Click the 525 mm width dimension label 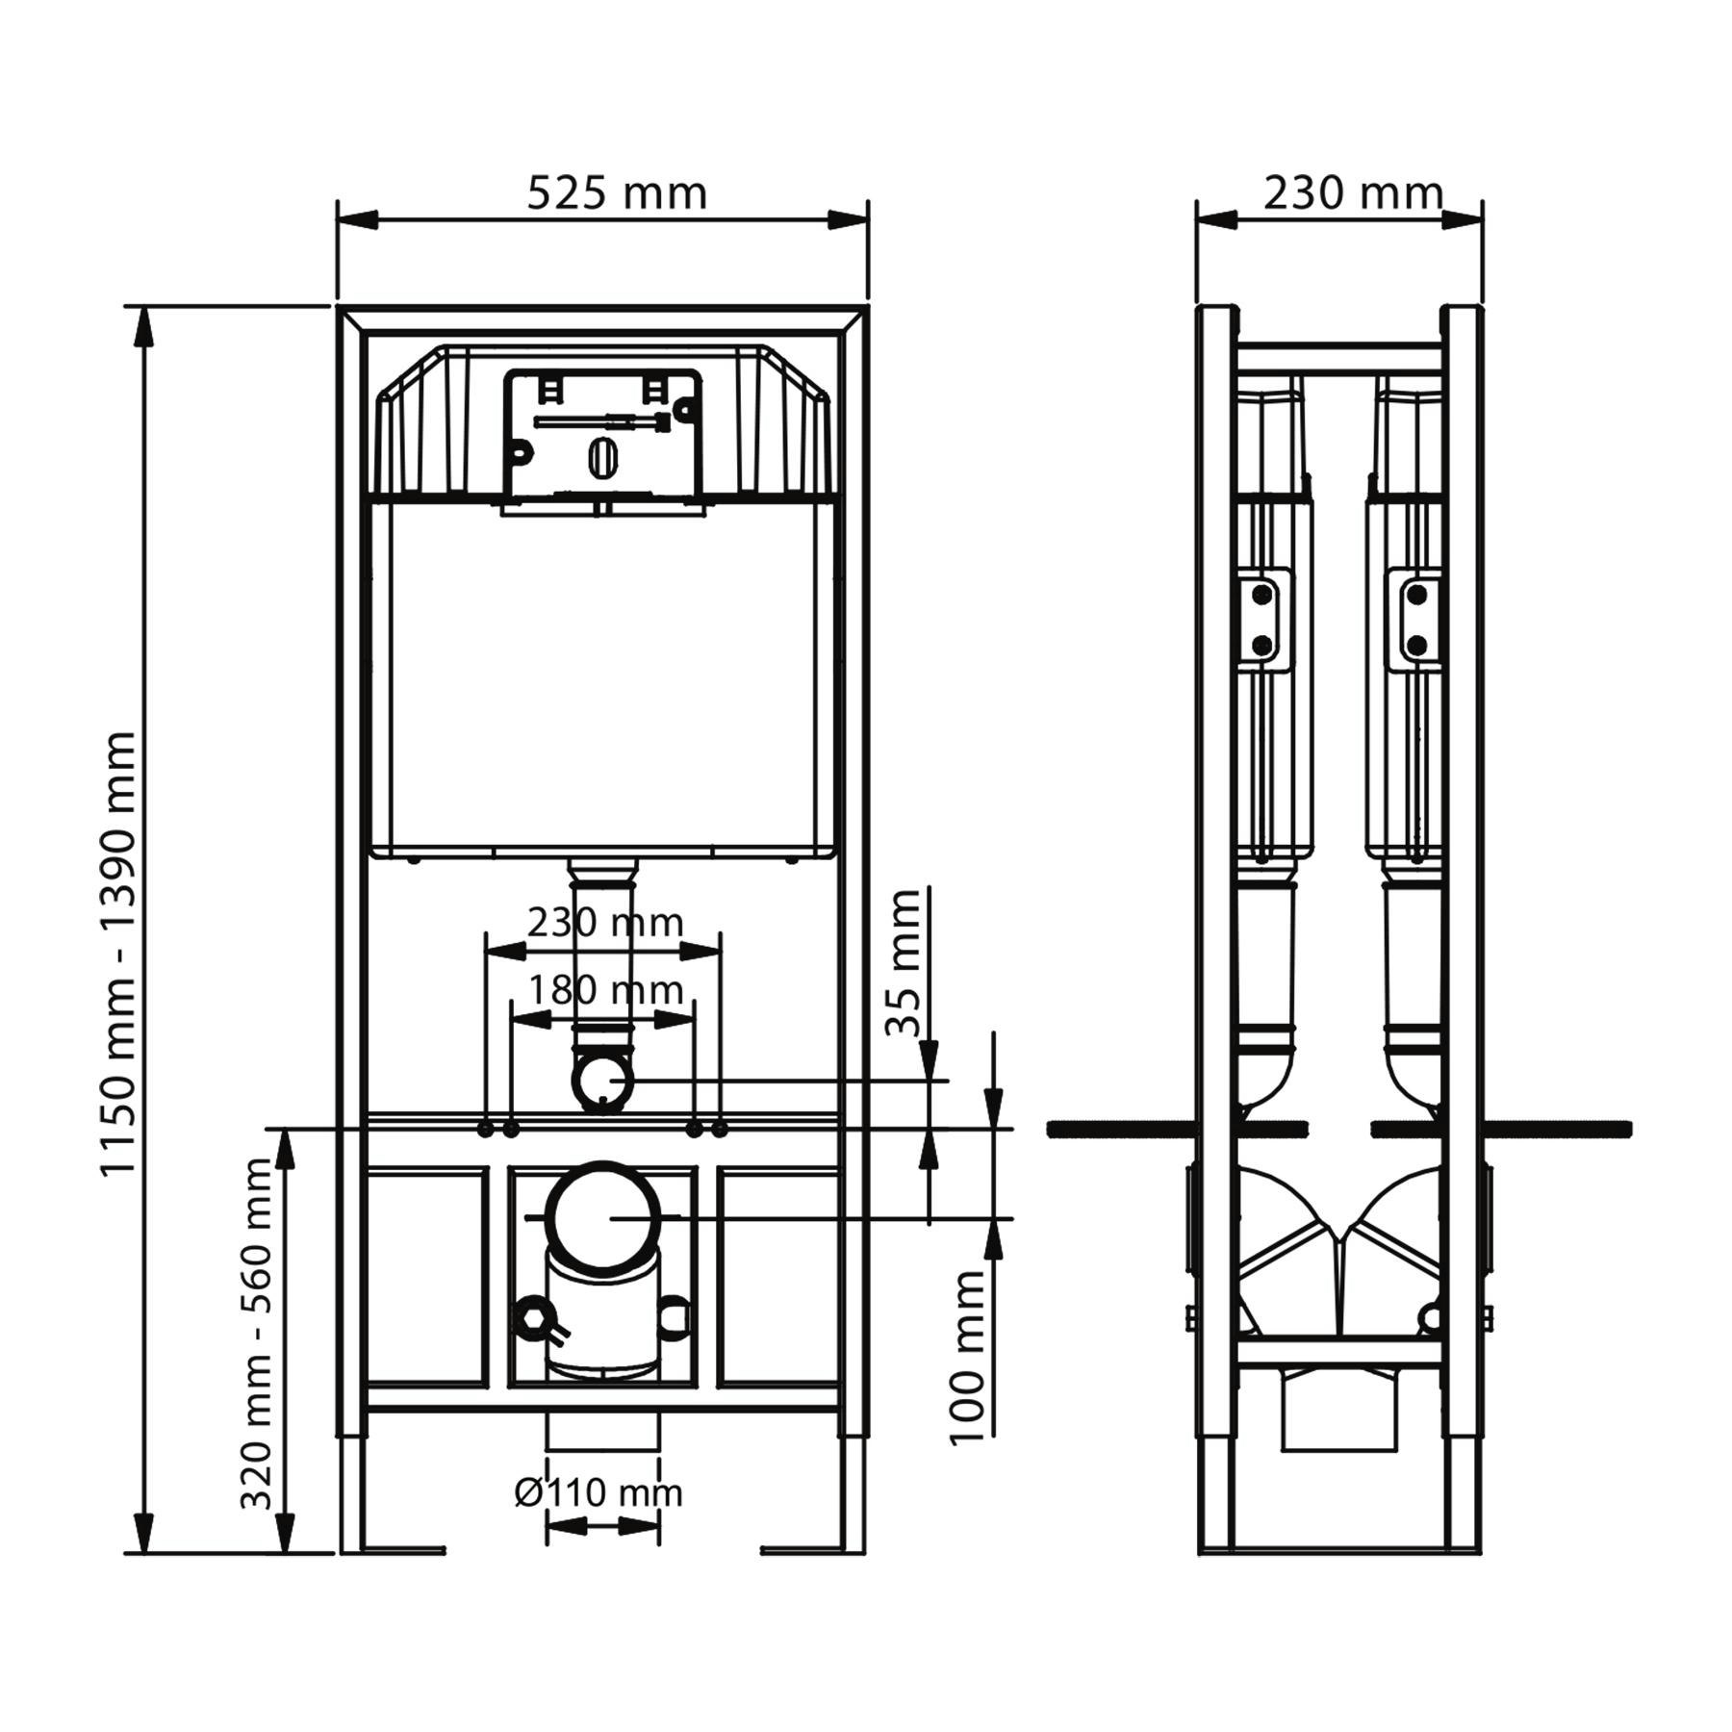pyautogui.click(x=617, y=193)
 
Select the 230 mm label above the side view pyautogui.click(x=1352, y=193)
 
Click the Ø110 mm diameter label pyautogui.click(x=599, y=1492)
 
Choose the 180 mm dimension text pyautogui.click(x=605, y=989)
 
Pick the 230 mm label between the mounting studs pyautogui.click(x=605, y=923)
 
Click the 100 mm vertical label pyautogui.click(x=968, y=1357)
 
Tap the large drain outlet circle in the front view pyautogui.click(x=603, y=1216)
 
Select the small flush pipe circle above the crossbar pyautogui.click(x=602, y=1081)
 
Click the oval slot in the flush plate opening pyautogui.click(x=601, y=457)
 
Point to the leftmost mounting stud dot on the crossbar pyautogui.click(x=487, y=1129)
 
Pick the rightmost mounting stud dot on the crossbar pyautogui.click(x=720, y=1129)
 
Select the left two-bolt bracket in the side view pyautogui.click(x=1262, y=619)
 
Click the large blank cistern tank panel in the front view pyautogui.click(x=602, y=674)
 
